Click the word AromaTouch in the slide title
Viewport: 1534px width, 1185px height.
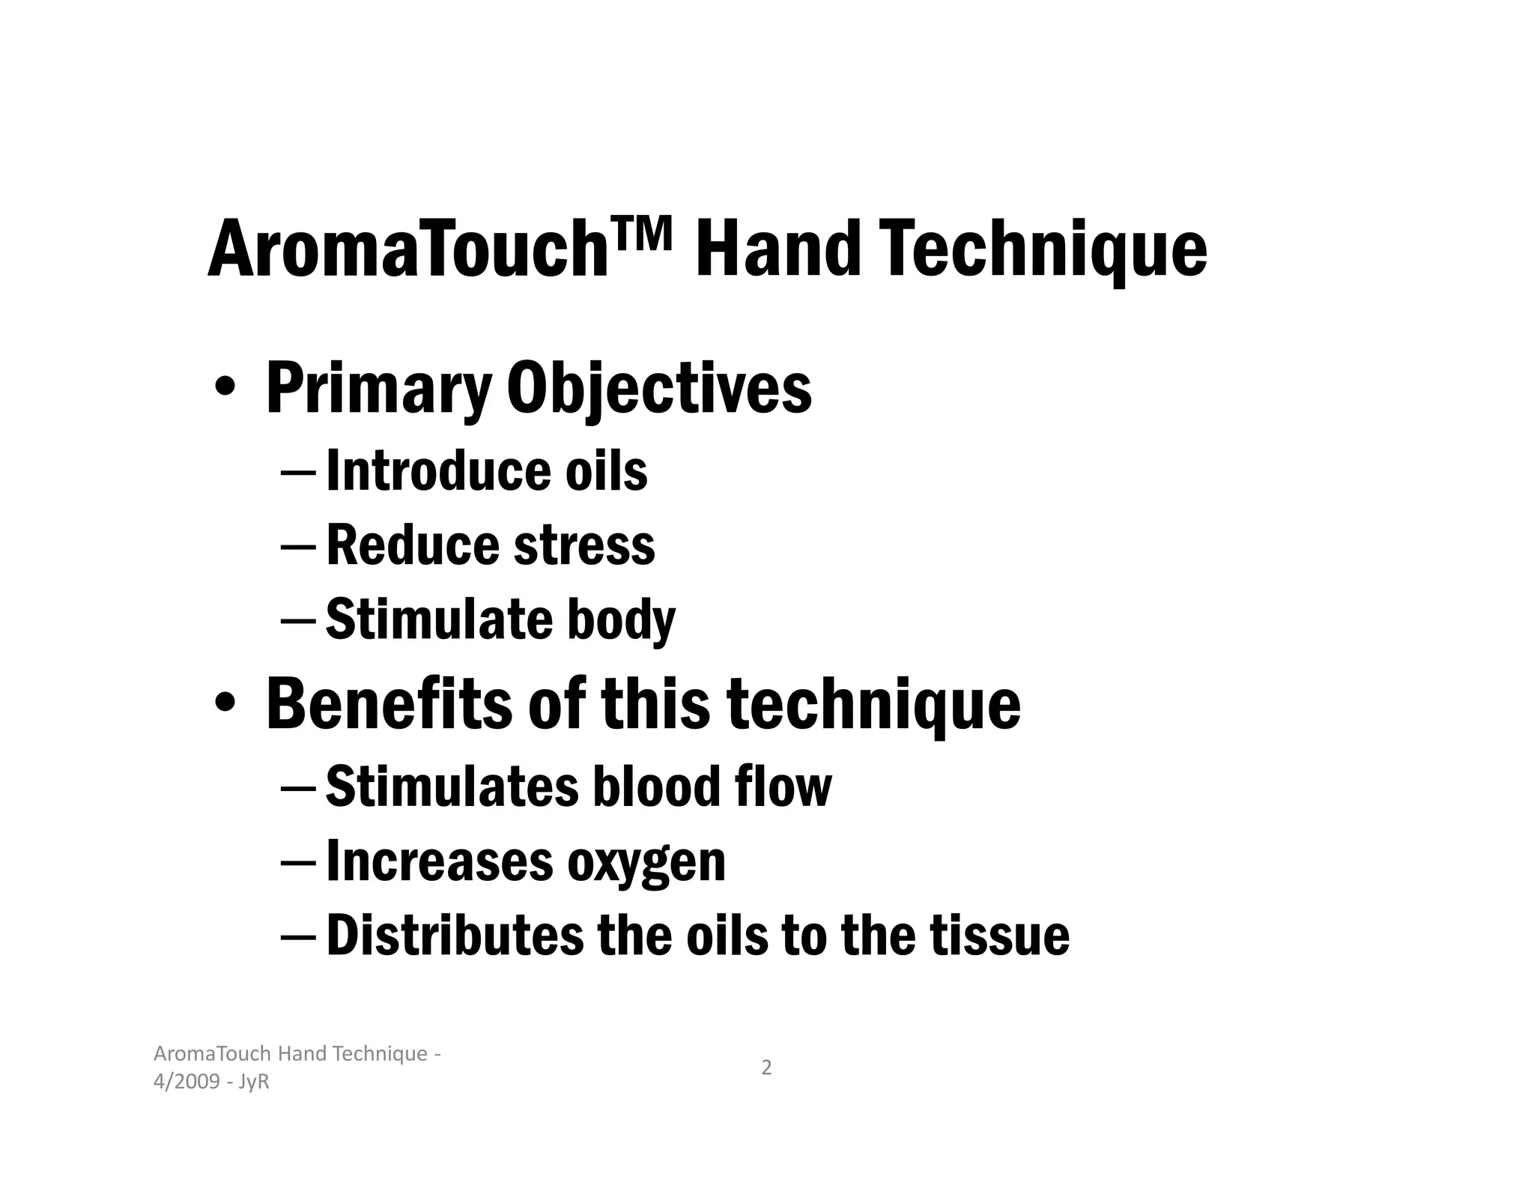[x=407, y=249]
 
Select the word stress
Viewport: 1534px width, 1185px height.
[x=584, y=545]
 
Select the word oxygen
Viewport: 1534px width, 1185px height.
[x=646, y=863]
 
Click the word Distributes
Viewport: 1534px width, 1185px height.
[x=454, y=936]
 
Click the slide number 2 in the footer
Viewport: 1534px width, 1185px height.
[x=766, y=1067]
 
